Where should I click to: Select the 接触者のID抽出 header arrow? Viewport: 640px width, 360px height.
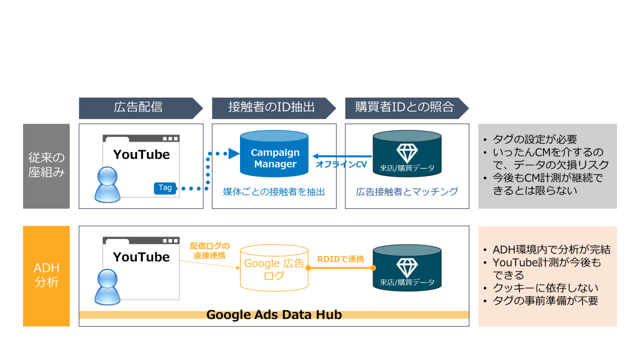pyautogui.click(x=271, y=107)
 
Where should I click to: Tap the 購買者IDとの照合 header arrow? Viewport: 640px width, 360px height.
pyautogui.click(x=404, y=107)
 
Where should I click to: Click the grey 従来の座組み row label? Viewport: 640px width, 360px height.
pyautogui.click(x=46, y=166)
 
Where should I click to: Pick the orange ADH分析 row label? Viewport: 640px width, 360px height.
pyautogui.click(x=46, y=275)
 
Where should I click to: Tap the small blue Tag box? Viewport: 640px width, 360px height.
pyautogui.click(x=165, y=188)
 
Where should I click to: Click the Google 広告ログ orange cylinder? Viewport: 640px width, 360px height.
pyautogui.click(x=273, y=268)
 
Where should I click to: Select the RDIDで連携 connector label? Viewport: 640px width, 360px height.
pyautogui.click(x=340, y=259)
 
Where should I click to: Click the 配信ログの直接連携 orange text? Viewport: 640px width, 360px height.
pyautogui.click(x=209, y=250)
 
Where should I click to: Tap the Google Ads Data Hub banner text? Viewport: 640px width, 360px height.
pyautogui.click(x=274, y=314)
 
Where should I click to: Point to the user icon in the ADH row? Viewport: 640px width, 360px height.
pyautogui.click(x=108, y=286)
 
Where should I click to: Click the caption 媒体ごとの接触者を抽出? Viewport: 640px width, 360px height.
pyautogui.click(x=274, y=191)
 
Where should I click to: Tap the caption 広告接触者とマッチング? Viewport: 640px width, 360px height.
pyautogui.click(x=407, y=191)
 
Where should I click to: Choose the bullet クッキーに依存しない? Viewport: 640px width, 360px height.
pyautogui.click(x=545, y=288)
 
